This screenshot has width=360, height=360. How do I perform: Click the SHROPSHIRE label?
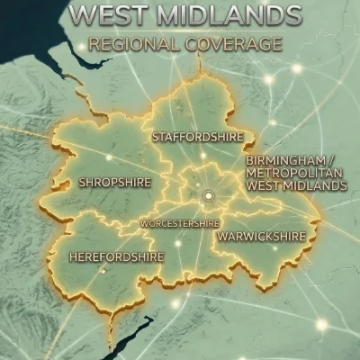point(114,182)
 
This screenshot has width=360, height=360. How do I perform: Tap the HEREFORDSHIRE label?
point(117,257)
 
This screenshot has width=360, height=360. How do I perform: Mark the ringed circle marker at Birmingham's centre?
point(209,195)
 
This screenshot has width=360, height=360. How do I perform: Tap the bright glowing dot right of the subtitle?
point(296,68)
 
